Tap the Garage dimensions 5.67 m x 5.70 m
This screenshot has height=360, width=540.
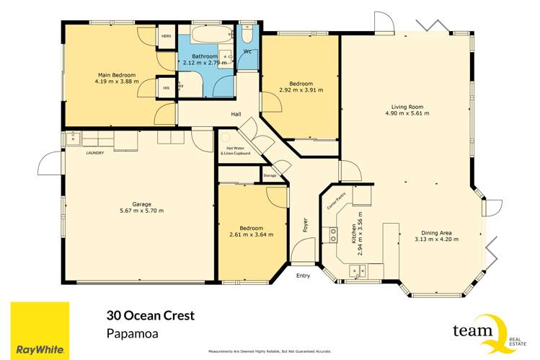(136, 211)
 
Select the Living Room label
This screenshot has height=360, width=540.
(407, 106)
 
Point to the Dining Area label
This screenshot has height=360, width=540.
(436, 232)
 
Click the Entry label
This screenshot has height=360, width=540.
(304, 276)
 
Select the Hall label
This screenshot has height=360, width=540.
(236, 115)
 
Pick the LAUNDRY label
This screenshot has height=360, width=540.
(95, 153)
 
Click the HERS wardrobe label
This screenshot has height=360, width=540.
(166, 36)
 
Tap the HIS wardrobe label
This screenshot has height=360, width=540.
(166, 88)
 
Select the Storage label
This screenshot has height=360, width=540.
(269, 175)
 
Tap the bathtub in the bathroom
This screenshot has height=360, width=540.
(208, 35)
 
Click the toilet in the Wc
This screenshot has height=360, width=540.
(247, 36)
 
